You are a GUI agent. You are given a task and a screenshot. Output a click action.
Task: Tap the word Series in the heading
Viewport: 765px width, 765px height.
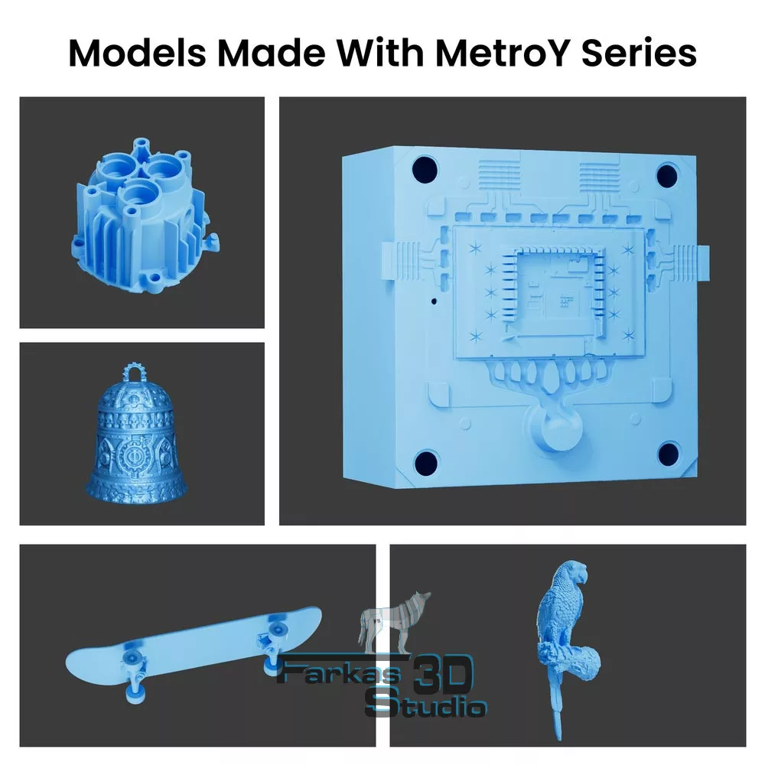tap(639, 53)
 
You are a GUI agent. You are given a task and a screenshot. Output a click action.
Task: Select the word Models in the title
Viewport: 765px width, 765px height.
tap(137, 53)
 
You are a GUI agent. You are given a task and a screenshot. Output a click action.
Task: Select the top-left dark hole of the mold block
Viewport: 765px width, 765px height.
tap(425, 169)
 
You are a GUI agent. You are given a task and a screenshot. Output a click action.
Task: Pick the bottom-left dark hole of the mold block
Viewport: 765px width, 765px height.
tap(425, 462)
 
